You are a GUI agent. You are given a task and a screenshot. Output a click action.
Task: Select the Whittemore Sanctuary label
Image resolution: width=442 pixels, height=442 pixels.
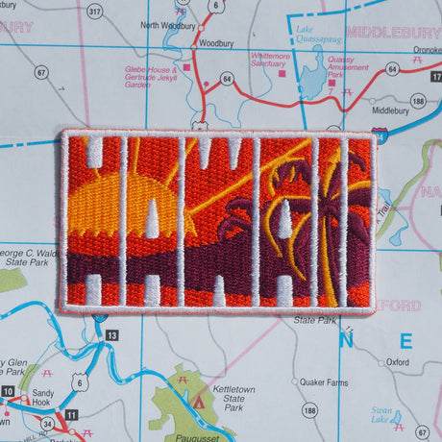pyautogui.click(x=269, y=61)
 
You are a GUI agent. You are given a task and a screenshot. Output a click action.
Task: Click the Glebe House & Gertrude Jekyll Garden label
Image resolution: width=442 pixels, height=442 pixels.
pyautogui.click(x=151, y=77)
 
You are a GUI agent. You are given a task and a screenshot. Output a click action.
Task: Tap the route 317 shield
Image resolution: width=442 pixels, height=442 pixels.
pyautogui.click(x=93, y=11)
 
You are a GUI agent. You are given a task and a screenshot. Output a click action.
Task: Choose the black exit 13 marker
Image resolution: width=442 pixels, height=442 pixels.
pyautogui.click(x=113, y=334)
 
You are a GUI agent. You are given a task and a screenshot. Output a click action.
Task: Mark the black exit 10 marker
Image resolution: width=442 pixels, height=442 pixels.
pyautogui.click(x=9, y=392)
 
